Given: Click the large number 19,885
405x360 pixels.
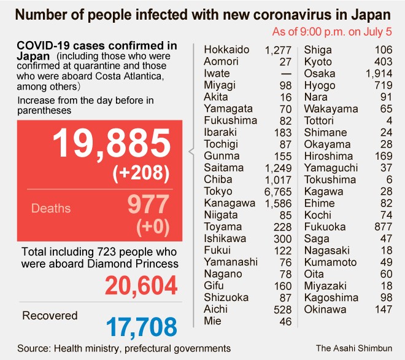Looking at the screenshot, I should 110,144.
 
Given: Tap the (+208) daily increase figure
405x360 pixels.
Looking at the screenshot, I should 141,174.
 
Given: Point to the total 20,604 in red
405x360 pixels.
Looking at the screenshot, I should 141,286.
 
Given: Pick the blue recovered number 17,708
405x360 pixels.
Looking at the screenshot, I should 141,326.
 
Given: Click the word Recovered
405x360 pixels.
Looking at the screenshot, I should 50,316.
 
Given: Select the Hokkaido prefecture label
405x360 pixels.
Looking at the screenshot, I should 227,50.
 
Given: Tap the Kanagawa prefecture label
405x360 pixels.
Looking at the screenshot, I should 229,203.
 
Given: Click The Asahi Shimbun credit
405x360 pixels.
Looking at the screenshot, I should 355,348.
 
